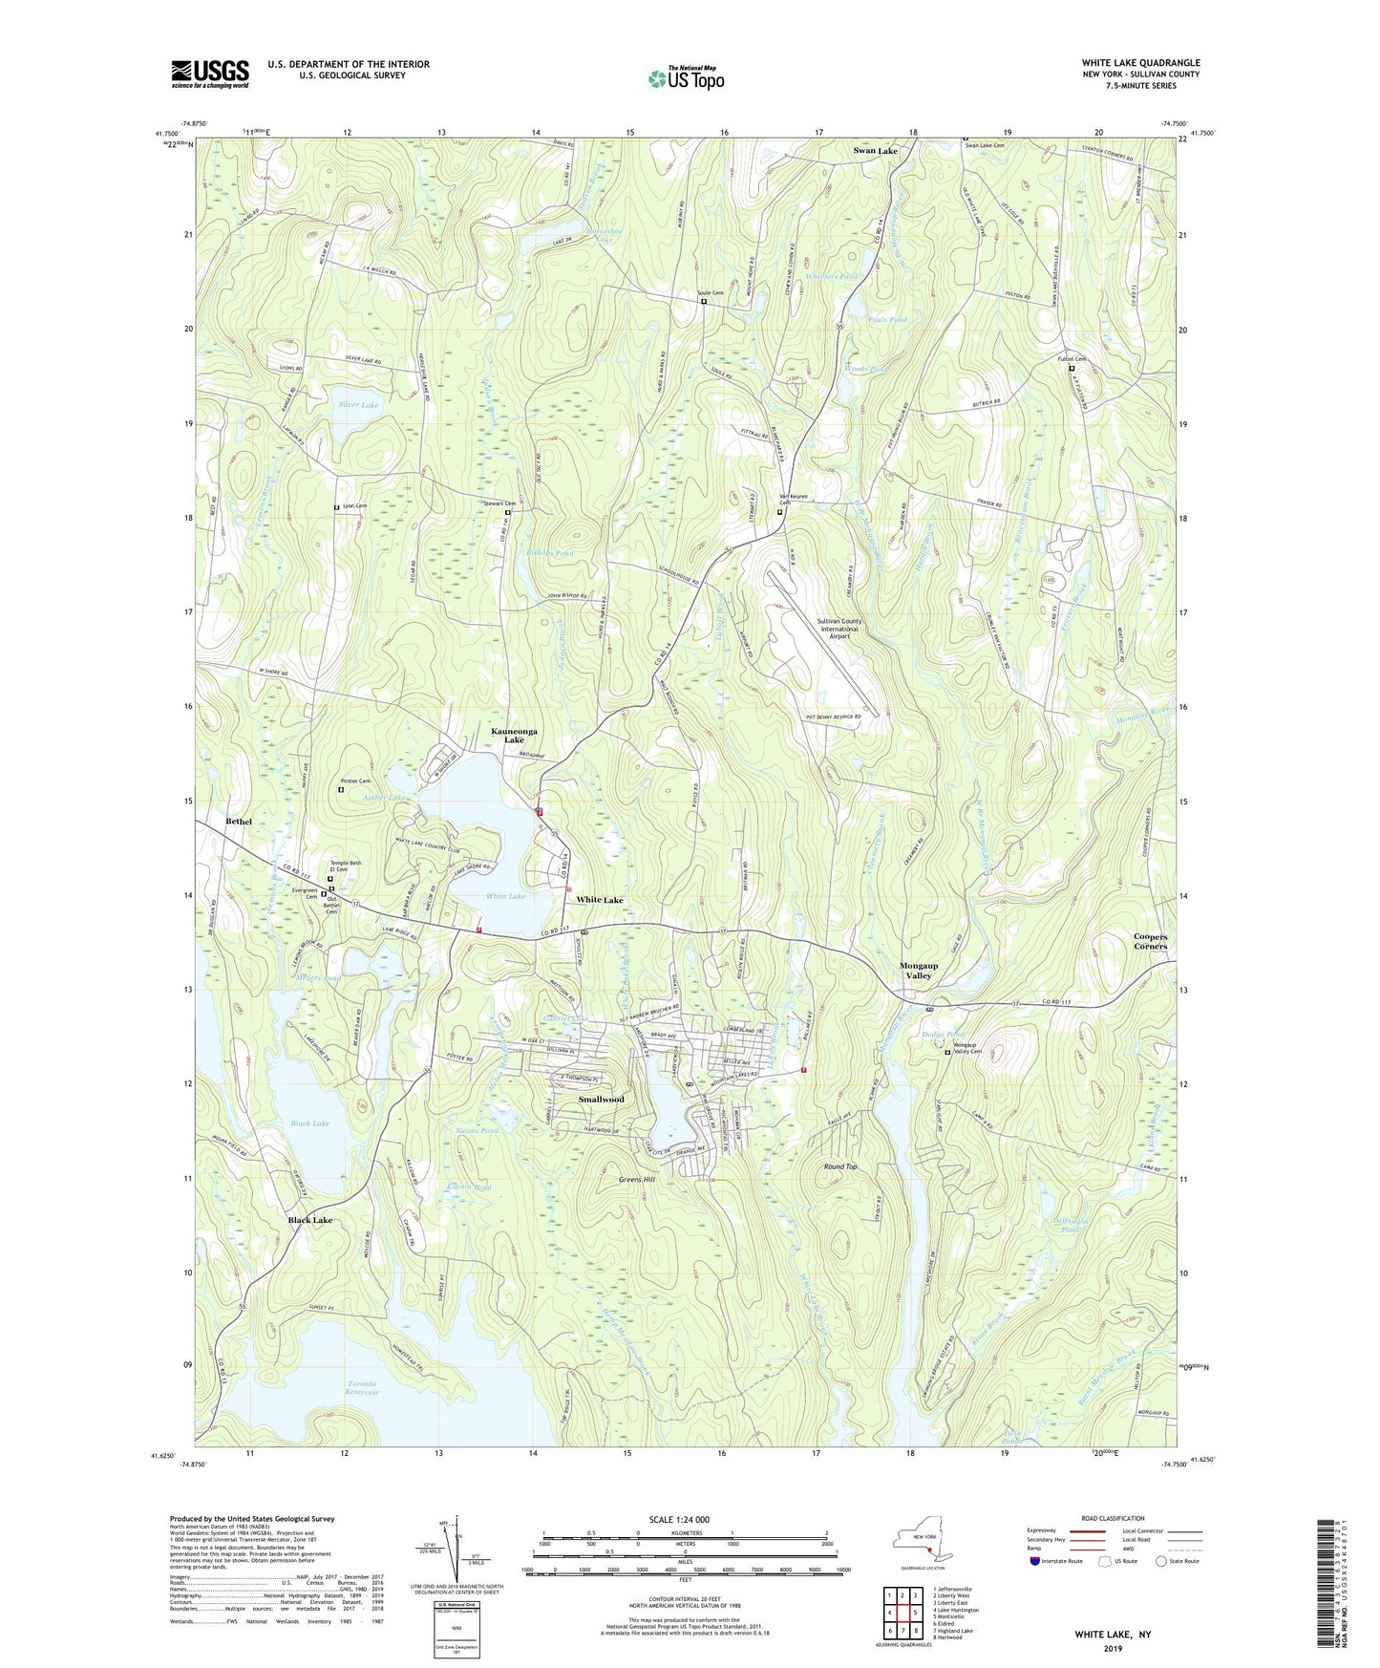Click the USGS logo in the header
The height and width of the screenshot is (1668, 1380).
(x=210, y=73)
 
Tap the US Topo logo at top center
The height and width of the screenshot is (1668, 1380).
(x=686, y=78)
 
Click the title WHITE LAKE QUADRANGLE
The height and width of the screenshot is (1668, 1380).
(x=1140, y=63)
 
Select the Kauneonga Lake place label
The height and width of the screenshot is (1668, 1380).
(x=514, y=736)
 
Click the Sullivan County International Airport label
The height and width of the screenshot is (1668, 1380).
(x=839, y=626)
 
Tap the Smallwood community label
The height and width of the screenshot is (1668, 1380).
(x=601, y=1100)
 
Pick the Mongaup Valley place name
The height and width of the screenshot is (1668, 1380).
(x=919, y=971)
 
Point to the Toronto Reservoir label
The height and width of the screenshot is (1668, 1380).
(x=362, y=1388)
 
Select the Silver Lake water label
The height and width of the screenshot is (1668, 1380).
(x=358, y=405)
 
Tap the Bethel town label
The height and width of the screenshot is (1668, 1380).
(x=239, y=822)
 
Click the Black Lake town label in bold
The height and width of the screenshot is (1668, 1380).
(x=310, y=1221)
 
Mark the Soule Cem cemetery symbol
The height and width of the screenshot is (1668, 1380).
(x=704, y=302)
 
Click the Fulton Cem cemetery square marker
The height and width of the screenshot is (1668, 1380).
(x=1071, y=369)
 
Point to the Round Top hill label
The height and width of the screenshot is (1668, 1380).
(x=840, y=1167)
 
